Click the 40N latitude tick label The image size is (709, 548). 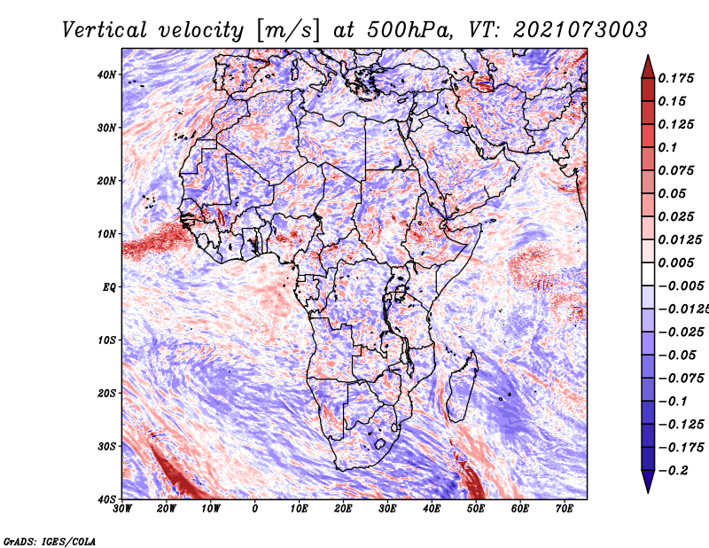106,74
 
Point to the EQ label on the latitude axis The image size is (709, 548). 109,287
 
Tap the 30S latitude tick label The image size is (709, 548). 106,446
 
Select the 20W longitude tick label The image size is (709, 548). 167,509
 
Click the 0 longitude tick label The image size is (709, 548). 255,509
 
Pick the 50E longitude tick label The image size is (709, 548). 476,509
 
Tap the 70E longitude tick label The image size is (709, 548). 565,509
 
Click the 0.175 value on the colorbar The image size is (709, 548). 675,78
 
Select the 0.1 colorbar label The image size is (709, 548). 667,147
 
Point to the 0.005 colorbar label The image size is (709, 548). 675,262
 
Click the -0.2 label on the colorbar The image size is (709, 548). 673,471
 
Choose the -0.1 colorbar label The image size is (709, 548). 673,402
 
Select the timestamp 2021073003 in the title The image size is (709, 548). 580,30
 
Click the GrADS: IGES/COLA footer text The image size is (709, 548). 50,541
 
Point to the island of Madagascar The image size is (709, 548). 462,387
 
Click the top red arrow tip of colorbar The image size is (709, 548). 648,56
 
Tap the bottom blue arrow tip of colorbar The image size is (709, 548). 648,491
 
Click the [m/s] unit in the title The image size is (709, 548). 288,30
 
